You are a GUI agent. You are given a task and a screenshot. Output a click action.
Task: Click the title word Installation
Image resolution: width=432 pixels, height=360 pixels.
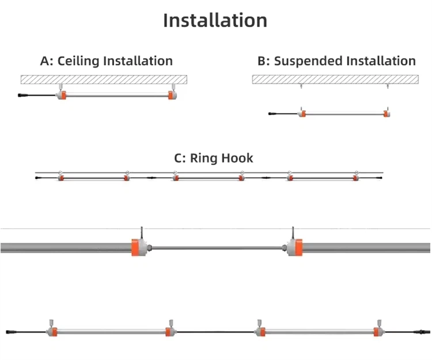click(x=215, y=20)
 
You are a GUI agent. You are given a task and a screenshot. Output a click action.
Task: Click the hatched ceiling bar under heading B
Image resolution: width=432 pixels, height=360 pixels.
click(x=334, y=79)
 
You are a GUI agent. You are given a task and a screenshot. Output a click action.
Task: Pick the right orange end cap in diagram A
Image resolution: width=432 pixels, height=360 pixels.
click(x=172, y=95)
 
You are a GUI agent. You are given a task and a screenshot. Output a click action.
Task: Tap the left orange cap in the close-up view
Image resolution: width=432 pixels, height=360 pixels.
click(x=138, y=247)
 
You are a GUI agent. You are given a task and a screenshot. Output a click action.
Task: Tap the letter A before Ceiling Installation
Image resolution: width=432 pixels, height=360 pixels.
click(x=44, y=60)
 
